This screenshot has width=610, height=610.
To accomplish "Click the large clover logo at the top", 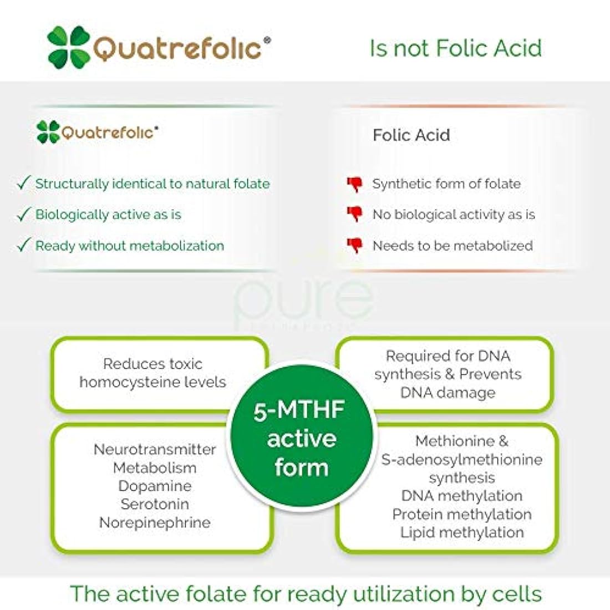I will coord(69,48).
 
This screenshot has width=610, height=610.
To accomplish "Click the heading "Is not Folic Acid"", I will coord(455,48).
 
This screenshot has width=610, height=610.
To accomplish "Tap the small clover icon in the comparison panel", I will coord(48,132).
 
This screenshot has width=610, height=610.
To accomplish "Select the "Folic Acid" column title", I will coord(411,135).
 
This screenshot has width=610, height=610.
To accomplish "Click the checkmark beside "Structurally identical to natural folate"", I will coord(23,184).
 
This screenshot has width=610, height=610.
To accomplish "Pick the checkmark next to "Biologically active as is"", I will coord(23,215).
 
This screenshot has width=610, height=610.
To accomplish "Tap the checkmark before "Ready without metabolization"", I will coord(23,246).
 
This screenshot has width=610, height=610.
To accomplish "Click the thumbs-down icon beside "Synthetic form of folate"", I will coord(354,184).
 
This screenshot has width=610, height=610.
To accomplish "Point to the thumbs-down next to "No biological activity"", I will coord(354,215).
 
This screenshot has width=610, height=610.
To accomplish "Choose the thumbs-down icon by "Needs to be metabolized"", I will coord(354,246).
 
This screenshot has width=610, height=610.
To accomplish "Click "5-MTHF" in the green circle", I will coord(299,411).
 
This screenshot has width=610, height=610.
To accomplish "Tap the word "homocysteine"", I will coord(132,382).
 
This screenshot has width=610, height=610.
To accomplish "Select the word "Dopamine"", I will coord(155,486).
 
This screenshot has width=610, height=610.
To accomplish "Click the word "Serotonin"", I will coord(155,504).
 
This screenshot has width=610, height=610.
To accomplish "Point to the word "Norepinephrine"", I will coord(155,522).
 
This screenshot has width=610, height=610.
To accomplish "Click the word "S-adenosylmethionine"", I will coord(461,459).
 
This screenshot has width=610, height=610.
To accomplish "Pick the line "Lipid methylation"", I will coord(461,532).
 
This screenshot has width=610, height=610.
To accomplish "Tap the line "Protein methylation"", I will coord(461,514).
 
